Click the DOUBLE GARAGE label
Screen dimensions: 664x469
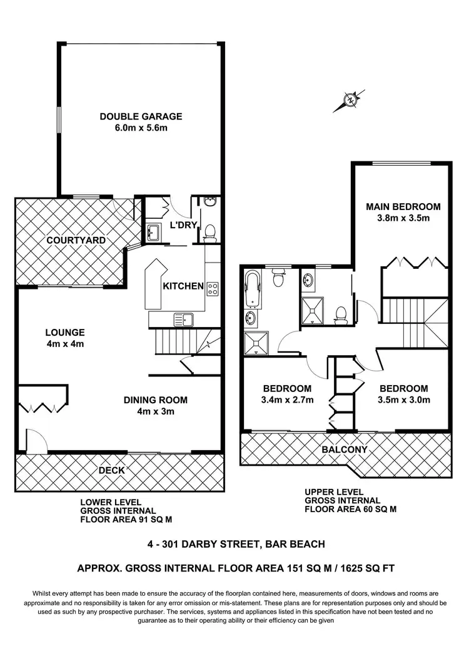point(141,116)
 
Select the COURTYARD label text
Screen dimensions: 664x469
point(76,240)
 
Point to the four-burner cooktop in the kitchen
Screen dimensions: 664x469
point(213,288)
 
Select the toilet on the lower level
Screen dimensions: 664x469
point(210,232)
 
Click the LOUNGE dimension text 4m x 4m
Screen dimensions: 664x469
point(64,344)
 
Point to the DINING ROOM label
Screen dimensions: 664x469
point(155,400)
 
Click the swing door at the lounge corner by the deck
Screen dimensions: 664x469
point(34,441)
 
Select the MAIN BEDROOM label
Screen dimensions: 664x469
point(403,206)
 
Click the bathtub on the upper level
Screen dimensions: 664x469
point(253,288)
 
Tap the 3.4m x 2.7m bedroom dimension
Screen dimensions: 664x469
point(288,400)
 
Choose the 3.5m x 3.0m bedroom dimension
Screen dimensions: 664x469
point(403,400)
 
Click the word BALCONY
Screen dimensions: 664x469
point(345,449)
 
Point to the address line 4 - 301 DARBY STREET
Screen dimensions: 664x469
point(234,544)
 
